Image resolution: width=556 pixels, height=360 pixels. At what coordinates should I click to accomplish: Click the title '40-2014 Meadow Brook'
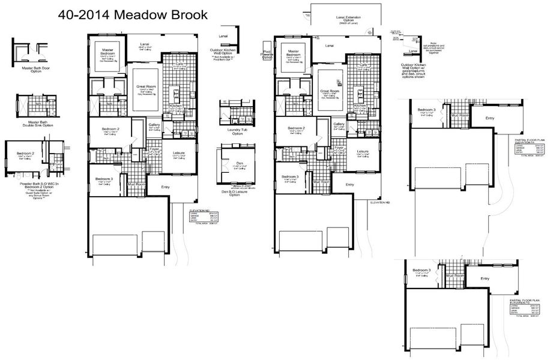coord(133,15)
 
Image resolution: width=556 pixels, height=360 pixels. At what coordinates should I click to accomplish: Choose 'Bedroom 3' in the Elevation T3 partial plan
coord(426,271)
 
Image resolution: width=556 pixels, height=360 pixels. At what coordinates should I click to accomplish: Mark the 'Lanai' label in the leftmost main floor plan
coord(145,44)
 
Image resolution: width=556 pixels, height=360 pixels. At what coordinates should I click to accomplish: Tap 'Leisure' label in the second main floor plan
coord(362,151)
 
